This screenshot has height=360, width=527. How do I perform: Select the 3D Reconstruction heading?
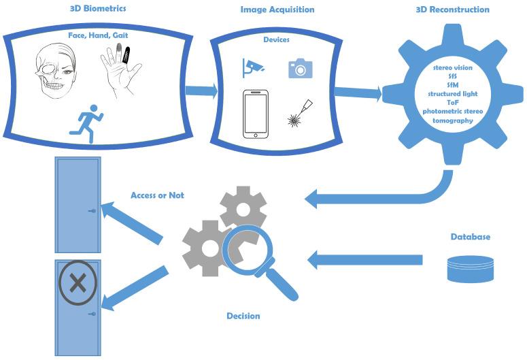click(452, 10)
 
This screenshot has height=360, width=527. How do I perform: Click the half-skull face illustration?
click(58, 75)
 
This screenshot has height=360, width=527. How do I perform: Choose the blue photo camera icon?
click(300, 69)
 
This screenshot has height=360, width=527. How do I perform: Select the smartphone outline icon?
click(256, 116)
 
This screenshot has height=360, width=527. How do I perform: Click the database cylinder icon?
click(469, 269)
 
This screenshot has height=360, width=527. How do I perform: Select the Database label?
click(470, 237)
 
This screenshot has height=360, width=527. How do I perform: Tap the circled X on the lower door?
click(78, 282)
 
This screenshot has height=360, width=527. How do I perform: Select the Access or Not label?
click(157, 196)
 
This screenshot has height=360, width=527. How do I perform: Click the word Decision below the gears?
click(243, 316)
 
